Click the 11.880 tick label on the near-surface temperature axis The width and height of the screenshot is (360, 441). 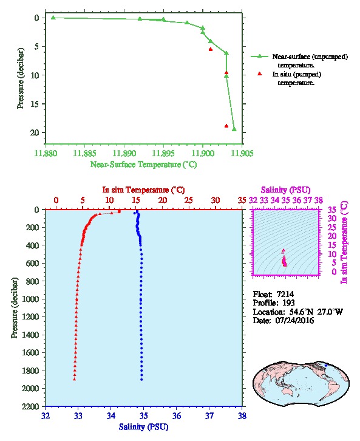(46, 153)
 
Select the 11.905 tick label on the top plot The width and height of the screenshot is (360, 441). (242, 153)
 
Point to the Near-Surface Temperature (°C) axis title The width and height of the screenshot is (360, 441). (144, 165)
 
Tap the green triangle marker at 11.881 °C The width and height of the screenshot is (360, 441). (53, 18)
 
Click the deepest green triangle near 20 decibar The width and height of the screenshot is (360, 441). (234, 129)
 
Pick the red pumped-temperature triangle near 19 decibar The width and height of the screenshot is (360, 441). (226, 126)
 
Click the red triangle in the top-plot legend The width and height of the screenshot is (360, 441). (259, 73)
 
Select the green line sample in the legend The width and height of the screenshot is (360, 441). (259, 56)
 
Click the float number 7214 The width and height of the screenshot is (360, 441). (285, 294)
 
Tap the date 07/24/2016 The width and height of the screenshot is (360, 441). (294, 320)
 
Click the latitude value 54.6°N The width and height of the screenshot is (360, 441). (299, 312)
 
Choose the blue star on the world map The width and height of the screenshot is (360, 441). (326, 365)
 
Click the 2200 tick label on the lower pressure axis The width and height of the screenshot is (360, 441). (30, 406)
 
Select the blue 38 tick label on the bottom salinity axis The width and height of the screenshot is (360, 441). (242, 415)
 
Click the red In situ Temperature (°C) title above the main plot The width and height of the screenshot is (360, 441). (143, 190)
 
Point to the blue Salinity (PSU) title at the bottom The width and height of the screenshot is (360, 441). (144, 427)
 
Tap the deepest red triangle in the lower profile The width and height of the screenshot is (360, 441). (75, 379)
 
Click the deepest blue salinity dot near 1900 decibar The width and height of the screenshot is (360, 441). (141, 380)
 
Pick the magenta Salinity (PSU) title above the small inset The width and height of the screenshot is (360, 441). (285, 190)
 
